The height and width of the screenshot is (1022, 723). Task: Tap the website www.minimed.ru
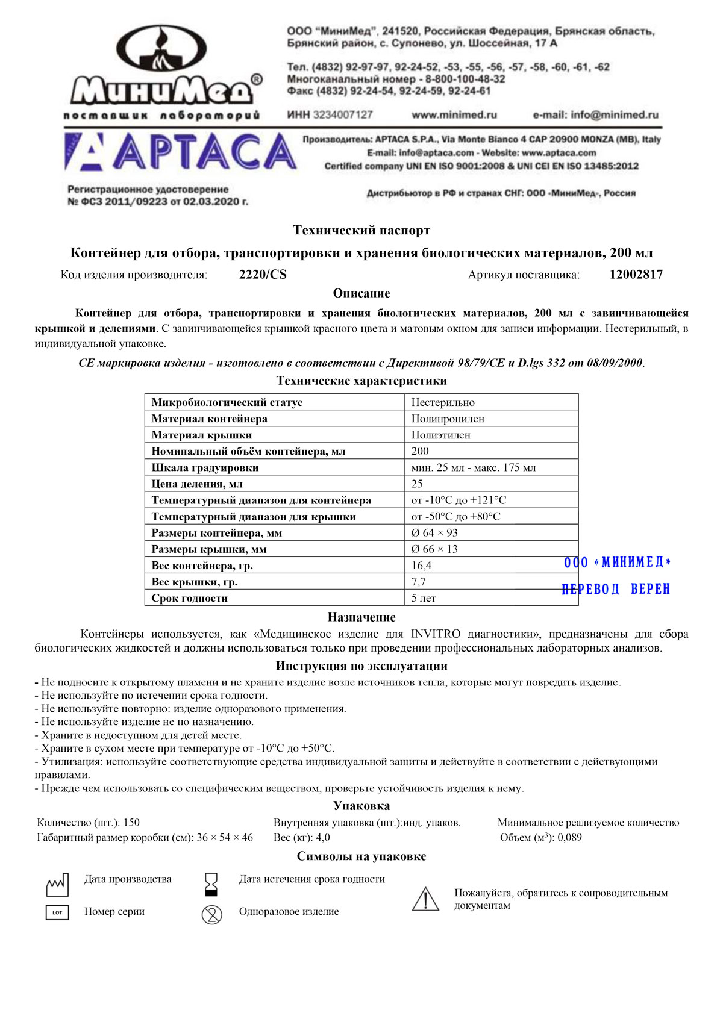click(454, 114)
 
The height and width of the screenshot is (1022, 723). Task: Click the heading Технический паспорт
click(361, 230)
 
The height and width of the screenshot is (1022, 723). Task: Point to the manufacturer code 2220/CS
click(263, 275)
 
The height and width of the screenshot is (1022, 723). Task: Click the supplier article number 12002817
click(636, 275)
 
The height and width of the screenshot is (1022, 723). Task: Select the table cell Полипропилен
click(448, 419)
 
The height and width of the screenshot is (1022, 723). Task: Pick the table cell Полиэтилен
click(440, 435)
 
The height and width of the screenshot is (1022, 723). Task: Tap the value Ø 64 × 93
click(434, 532)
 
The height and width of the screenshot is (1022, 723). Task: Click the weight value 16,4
click(421, 565)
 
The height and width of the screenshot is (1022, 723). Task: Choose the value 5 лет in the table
click(423, 598)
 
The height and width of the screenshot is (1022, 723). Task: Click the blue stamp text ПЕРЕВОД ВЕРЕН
click(615, 589)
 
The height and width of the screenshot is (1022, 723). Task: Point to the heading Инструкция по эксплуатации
click(361, 665)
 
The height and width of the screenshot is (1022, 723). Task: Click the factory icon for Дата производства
click(57, 885)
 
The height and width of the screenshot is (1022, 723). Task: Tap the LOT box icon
click(57, 912)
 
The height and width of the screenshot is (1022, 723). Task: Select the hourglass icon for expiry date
click(211, 884)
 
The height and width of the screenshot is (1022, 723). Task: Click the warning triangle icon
click(425, 899)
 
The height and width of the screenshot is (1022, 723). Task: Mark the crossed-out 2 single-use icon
click(211, 914)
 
